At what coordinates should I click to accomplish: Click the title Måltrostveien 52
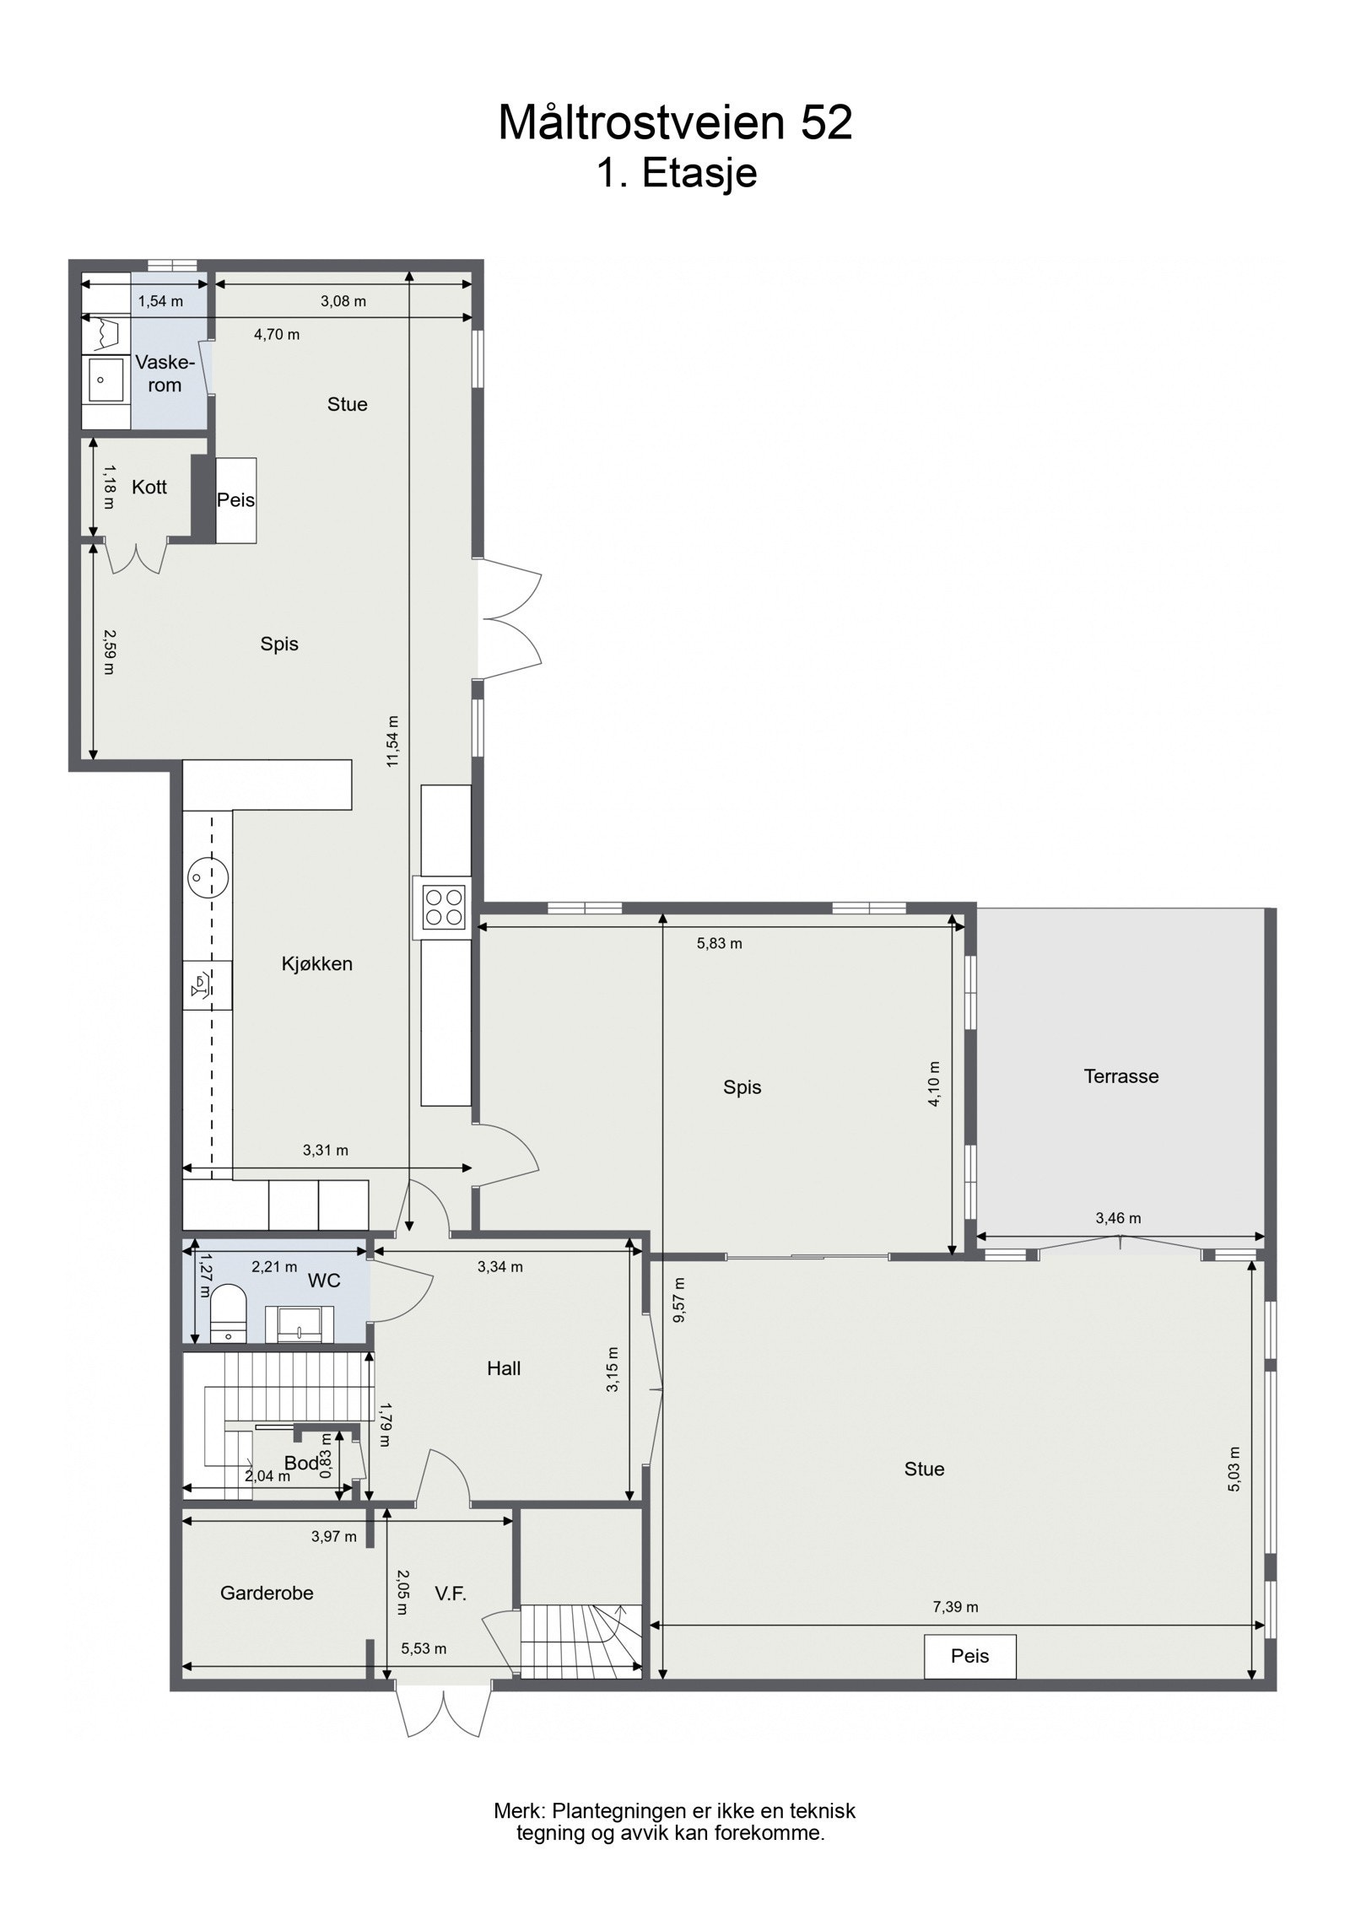(675, 123)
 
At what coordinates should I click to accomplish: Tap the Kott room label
(149, 487)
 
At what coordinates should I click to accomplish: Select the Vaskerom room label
(165, 374)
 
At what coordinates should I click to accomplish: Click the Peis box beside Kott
(235, 500)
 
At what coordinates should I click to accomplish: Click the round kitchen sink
(207, 877)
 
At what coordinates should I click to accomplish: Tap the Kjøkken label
(316, 963)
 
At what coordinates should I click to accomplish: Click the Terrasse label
(1120, 1076)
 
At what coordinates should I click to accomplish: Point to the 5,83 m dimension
(719, 943)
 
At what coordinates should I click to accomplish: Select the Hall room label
(503, 1368)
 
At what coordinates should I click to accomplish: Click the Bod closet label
(300, 1462)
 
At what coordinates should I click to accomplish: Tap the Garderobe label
(267, 1593)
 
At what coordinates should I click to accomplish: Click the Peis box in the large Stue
(969, 1655)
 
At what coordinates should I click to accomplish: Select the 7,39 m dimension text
(955, 1607)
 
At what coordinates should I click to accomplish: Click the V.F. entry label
(451, 1593)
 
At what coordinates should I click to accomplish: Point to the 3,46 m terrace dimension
(1118, 1218)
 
